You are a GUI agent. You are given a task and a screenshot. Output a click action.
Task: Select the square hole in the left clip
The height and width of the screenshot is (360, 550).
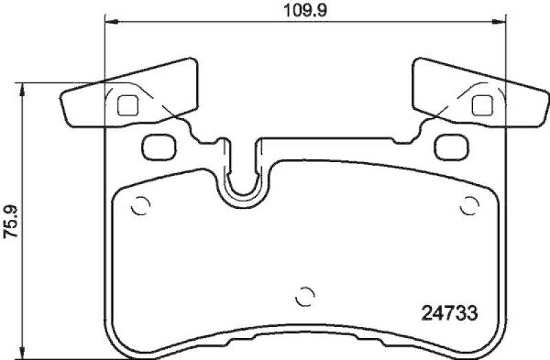click(x=128, y=104)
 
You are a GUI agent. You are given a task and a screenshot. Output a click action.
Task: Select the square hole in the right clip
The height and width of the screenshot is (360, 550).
click(x=483, y=104)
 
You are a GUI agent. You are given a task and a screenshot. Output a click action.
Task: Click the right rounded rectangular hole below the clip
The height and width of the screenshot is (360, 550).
click(x=452, y=144)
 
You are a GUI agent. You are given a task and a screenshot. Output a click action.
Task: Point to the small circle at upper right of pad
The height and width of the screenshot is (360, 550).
click(x=470, y=205)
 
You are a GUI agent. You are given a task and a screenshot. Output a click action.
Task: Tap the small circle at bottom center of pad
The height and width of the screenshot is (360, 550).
click(x=304, y=297)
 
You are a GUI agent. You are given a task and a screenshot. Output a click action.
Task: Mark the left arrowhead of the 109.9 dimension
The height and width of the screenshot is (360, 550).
click(x=109, y=23)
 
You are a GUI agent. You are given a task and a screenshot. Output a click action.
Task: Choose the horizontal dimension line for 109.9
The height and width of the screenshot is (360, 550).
click(x=206, y=23)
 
